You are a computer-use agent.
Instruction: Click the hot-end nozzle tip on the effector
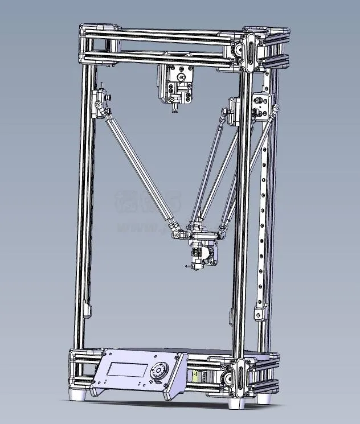187,266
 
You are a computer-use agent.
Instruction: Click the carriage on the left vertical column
101,103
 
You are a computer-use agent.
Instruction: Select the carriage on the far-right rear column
263,105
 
